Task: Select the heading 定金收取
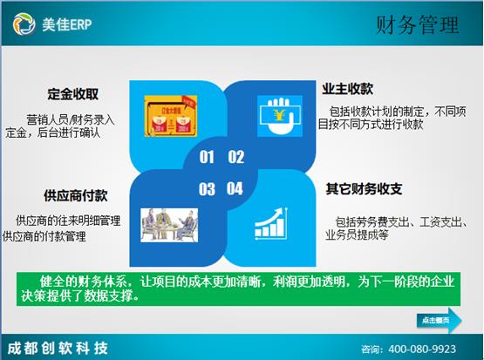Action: point(72,93)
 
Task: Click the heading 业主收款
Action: point(348,90)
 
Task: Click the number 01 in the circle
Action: point(207,158)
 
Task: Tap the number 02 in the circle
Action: point(235,158)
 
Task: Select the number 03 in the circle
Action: point(207,188)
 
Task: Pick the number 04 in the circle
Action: point(235,188)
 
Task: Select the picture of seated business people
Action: point(167,222)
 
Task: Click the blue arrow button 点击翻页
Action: point(437,320)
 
